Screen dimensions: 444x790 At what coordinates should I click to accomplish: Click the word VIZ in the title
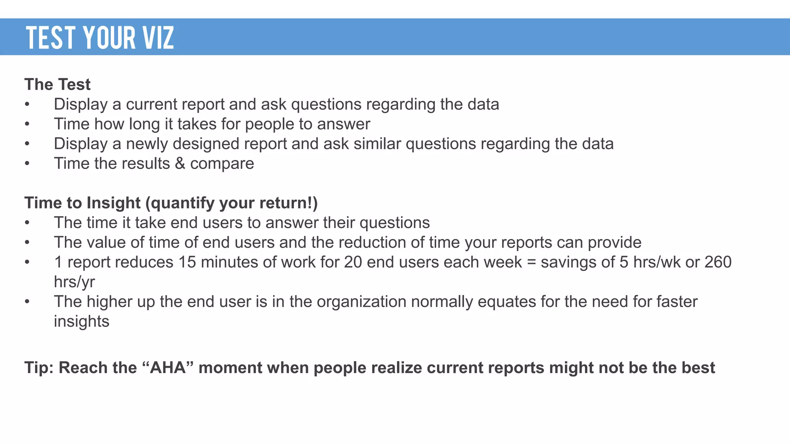click(x=158, y=38)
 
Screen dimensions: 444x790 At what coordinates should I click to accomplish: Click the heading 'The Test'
click(x=57, y=84)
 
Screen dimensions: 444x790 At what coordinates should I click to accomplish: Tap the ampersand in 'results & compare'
click(x=180, y=163)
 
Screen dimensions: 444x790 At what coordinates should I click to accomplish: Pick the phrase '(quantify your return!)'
click(x=231, y=203)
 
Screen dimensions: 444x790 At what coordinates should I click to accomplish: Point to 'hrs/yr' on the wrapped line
click(x=74, y=282)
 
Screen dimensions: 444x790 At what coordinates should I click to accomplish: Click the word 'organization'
click(x=361, y=302)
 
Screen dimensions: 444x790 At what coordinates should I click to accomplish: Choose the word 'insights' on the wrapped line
click(x=81, y=321)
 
